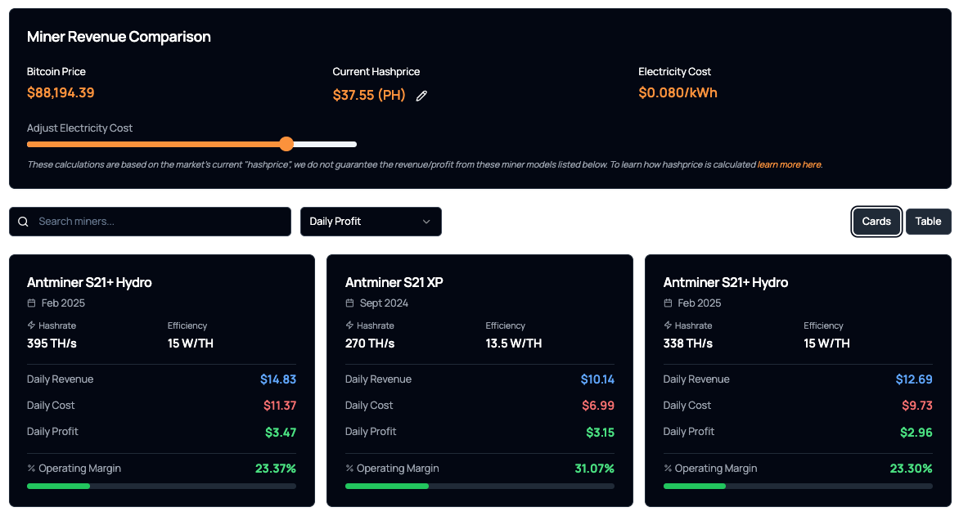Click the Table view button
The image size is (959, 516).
928,222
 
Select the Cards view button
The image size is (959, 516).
876,222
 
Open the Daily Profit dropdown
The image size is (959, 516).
371,222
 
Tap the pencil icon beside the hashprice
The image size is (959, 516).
421,96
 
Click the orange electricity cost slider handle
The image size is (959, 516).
286,144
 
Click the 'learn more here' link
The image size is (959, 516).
789,164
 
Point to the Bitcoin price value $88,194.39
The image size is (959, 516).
61,93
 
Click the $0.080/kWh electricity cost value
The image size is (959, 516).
678,93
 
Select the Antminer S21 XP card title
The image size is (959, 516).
394,282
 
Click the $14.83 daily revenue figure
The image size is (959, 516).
278,379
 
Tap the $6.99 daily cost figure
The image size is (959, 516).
597,406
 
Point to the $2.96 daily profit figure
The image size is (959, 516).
915,433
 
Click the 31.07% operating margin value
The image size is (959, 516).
594,469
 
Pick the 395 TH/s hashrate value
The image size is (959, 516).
52,343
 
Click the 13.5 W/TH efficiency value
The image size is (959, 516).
513,343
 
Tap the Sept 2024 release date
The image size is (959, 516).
384,303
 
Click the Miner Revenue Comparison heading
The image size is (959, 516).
119,37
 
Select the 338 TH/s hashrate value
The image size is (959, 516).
687,343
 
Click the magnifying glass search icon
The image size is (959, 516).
23,222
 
